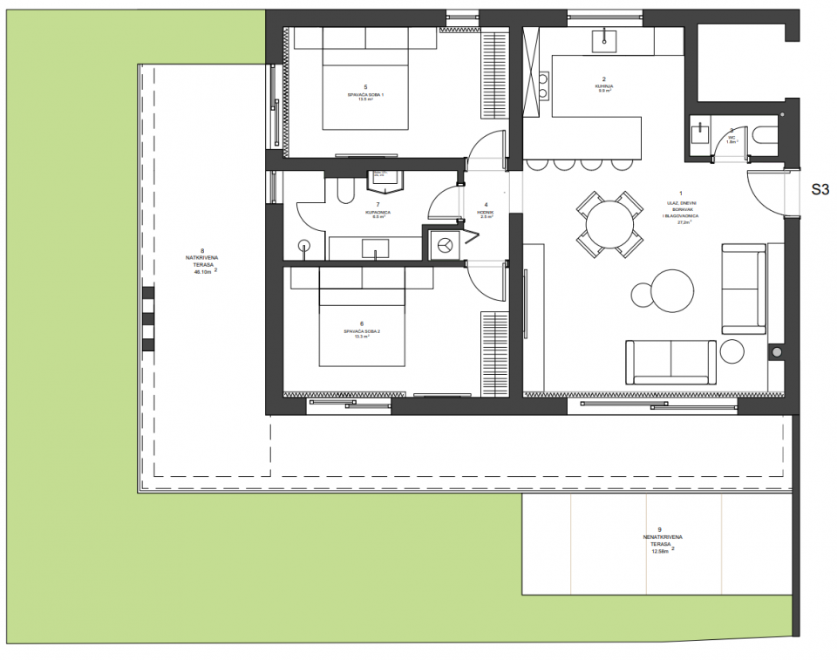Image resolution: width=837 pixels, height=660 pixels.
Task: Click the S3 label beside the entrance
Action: tap(820, 187)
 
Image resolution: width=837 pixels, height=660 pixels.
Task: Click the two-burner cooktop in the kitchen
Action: tap(543, 84)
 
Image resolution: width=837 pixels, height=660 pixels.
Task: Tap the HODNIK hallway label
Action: tap(487, 210)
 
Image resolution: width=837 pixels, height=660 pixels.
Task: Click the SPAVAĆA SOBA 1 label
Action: tap(365, 92)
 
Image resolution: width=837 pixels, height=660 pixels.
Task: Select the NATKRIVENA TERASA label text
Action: tap(202, 260)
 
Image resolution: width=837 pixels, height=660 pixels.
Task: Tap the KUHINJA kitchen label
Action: tap(602, 85)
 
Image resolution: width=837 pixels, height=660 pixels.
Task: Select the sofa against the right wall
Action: tap(743, 288)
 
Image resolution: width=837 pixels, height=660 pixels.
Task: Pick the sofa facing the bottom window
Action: tap(670, 361)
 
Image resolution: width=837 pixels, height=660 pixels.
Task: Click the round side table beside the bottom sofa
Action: tap(732, 352)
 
